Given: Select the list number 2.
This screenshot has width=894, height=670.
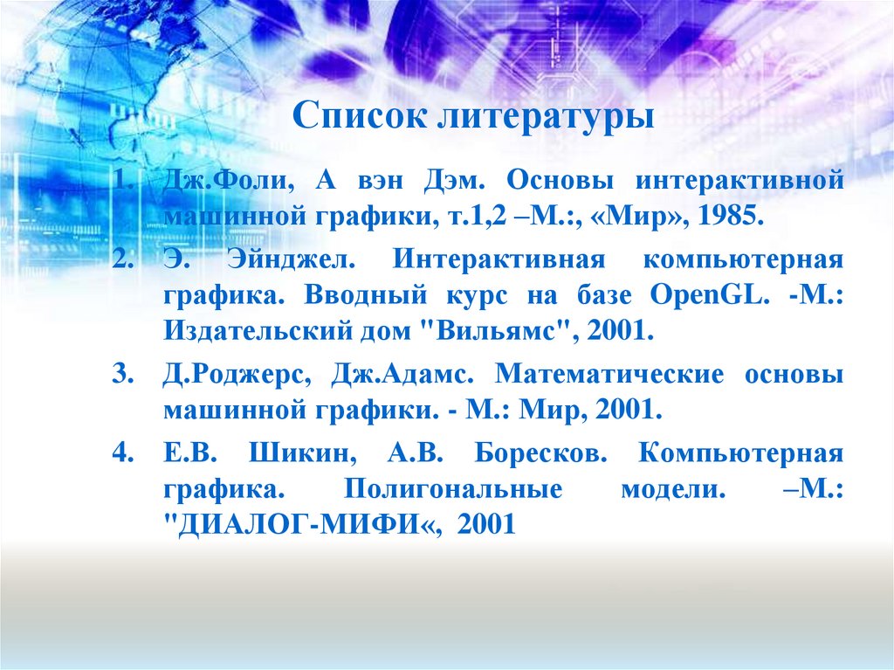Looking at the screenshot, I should click(120, 260).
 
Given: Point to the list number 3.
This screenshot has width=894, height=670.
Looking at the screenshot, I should click(120, 375).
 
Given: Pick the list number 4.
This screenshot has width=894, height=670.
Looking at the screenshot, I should click(120, 454).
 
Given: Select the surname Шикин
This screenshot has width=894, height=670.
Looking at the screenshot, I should click(298, 454).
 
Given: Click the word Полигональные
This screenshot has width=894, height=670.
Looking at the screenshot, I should click(453, 488).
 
